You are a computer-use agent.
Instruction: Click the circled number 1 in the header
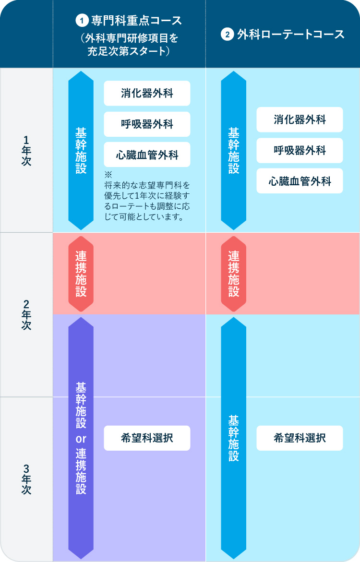[x=83, y=21]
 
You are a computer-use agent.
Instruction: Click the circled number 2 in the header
[x=227, y=35]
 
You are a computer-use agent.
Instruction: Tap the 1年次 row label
[x=26, y=150]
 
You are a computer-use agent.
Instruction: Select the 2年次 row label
[x=26, y=315]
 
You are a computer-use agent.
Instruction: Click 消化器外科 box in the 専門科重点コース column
[x=147, y=93]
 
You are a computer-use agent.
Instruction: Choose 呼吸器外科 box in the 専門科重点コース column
[x=147, y=124]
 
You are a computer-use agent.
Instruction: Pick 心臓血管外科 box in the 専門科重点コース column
[x=147, y=155]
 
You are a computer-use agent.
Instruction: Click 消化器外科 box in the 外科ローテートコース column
[x=300, y=120]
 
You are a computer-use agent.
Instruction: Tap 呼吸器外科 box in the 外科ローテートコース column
[x=300, y=150]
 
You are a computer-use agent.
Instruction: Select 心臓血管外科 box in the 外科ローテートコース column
[x=300, y=181]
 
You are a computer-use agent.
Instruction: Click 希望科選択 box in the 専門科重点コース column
[x=147, y=438]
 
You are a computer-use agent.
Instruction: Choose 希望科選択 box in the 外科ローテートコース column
[x=300, y=438]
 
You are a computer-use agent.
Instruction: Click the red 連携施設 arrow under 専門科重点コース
[x=81, y=274]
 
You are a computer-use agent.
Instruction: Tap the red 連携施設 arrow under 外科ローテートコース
[x=233, y=274]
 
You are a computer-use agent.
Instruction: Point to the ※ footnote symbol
[x=108, y=174]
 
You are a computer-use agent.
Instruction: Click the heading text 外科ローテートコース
[x=291, y=35]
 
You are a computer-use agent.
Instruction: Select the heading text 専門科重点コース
[x=136, y=21]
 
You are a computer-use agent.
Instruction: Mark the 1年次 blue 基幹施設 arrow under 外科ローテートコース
[x=233, y=150]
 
